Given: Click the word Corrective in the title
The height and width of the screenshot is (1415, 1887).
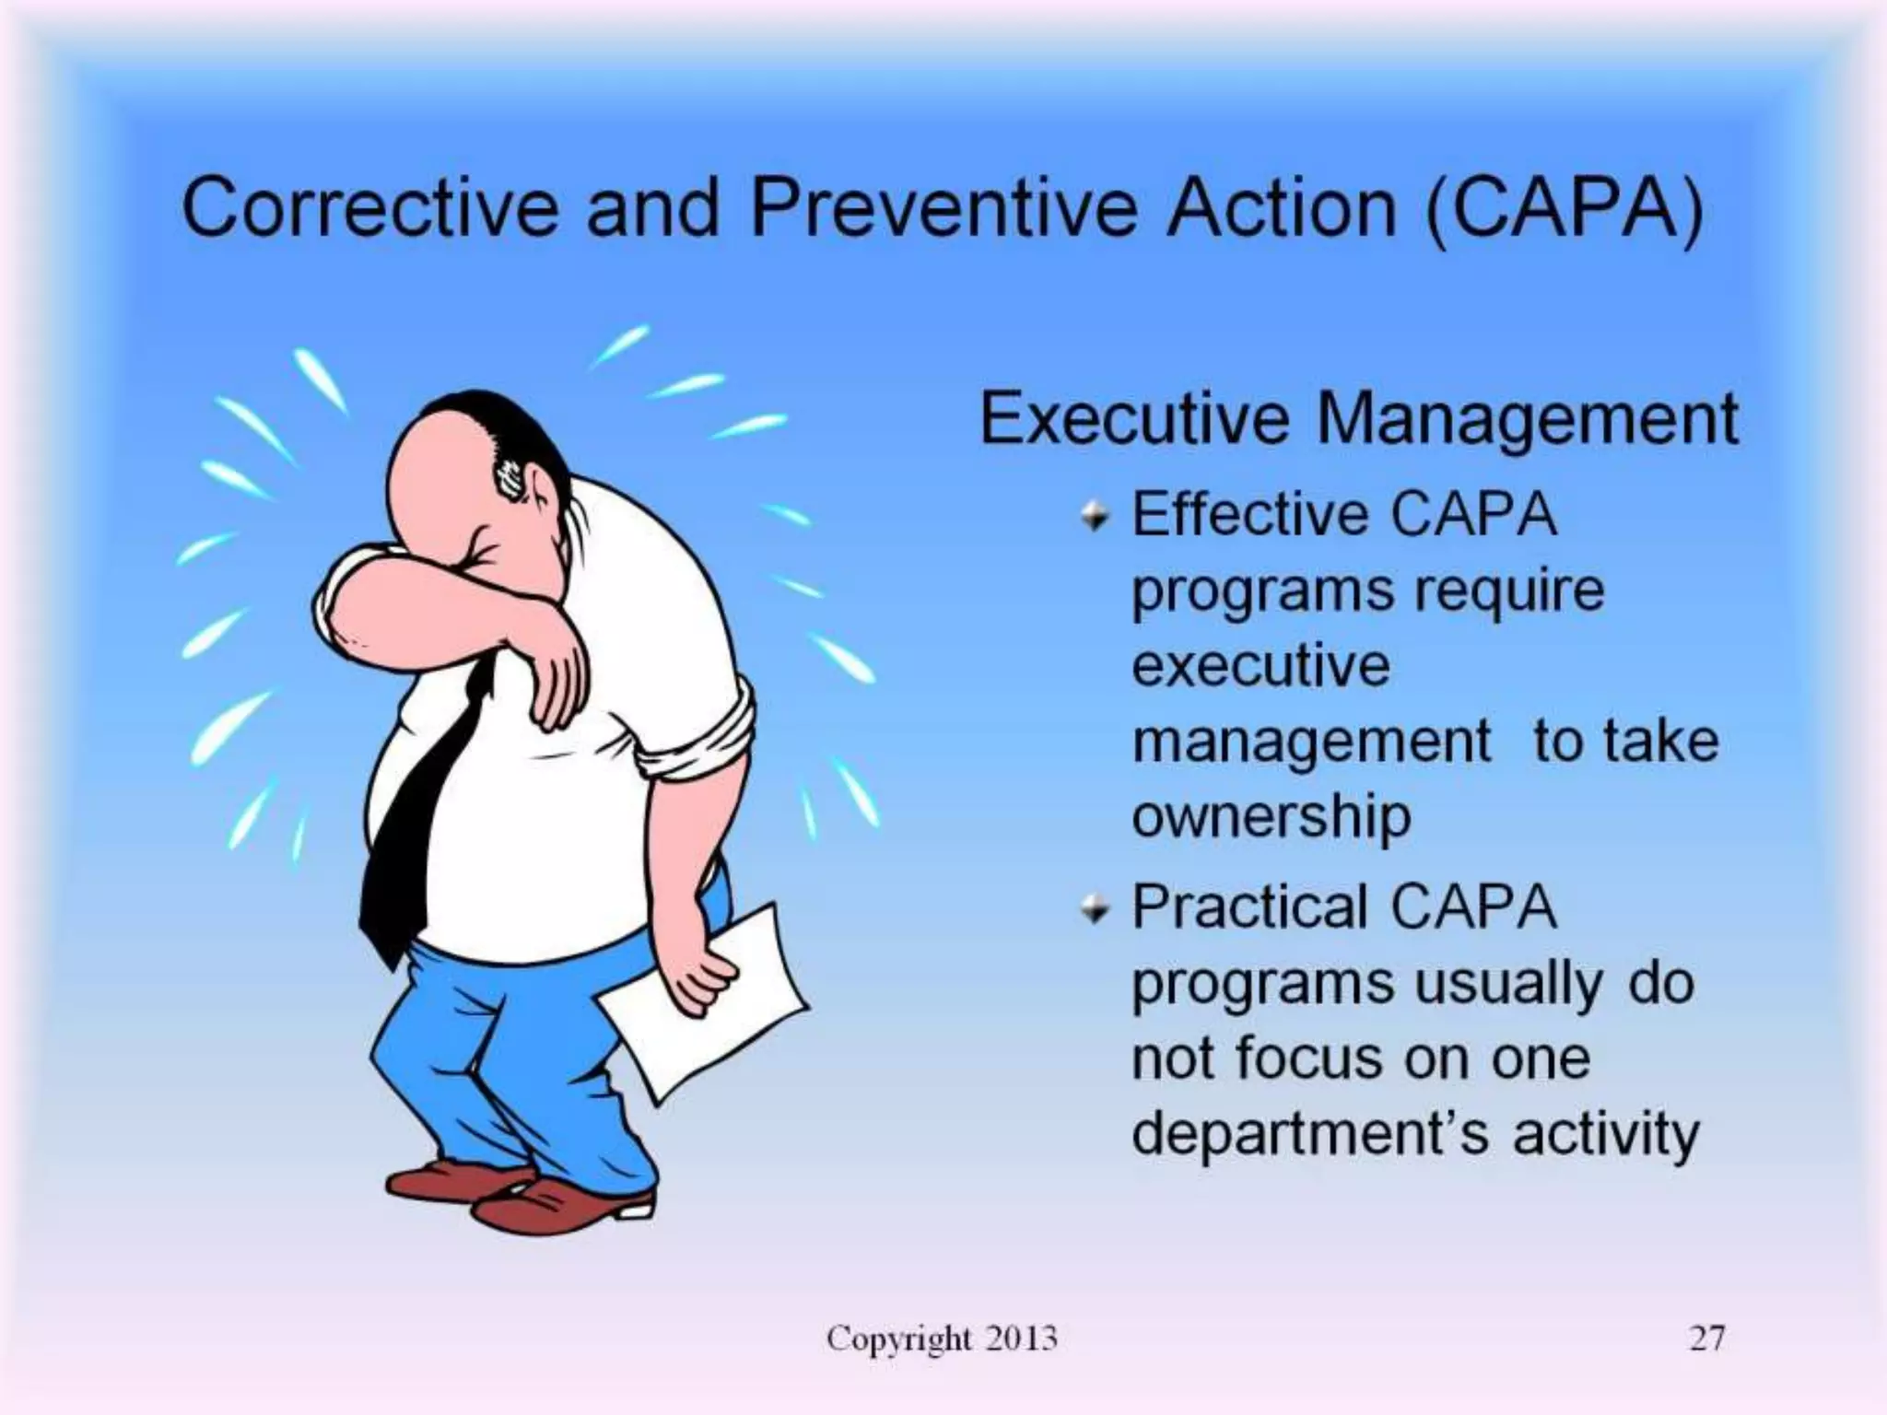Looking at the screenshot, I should coord(369,208).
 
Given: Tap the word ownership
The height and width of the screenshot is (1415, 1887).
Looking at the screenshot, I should coord(1271,817).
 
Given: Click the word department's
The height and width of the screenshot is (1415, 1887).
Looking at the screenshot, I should coord(1309,1133).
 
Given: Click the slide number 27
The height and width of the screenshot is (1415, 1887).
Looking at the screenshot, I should coord(1706,1338).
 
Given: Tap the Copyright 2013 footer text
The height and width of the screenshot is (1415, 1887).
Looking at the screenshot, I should coord(942,1338).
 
